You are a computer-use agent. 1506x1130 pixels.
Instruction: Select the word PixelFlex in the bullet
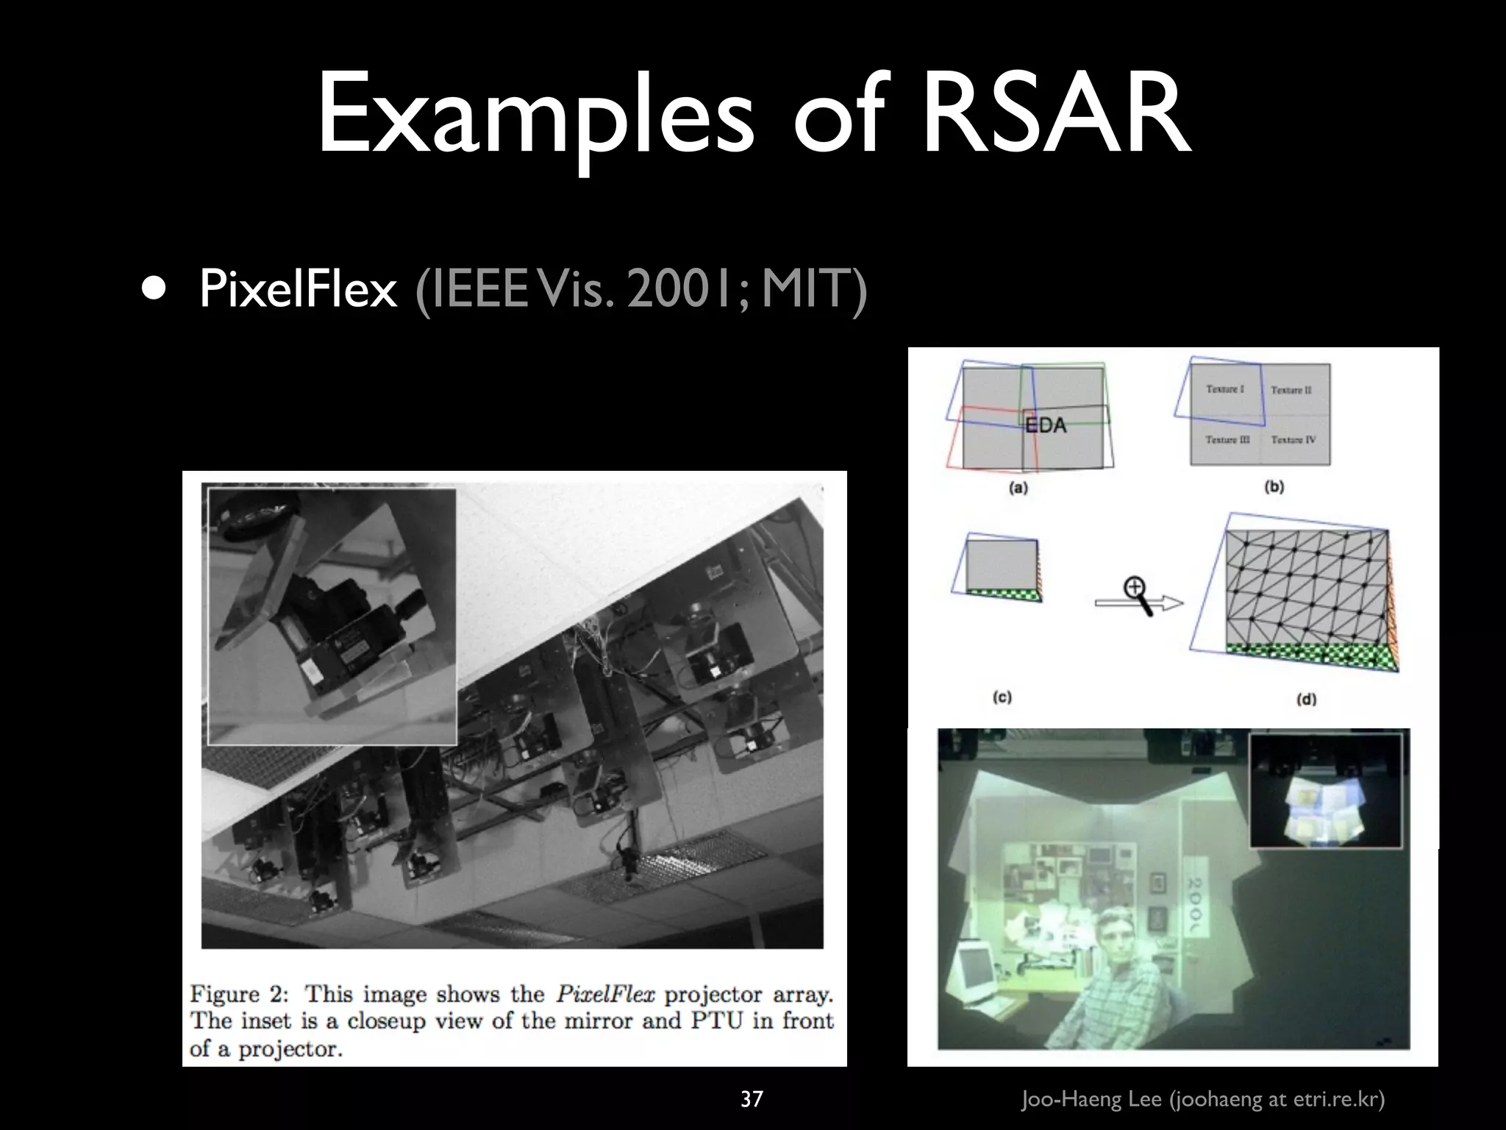coord(298,289)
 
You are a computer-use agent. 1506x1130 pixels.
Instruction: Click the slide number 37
coord(751,1099)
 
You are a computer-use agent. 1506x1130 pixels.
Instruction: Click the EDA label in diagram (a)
coord(1045,424)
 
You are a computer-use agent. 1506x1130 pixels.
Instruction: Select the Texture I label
coord(1224,388)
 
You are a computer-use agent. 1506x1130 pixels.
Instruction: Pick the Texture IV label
coord(1293,440)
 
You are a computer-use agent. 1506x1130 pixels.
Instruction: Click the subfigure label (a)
coord(1018,487)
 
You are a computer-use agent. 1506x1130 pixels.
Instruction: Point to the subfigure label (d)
coord(1305,699)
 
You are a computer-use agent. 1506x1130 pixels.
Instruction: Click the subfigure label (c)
coord(1002,697)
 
